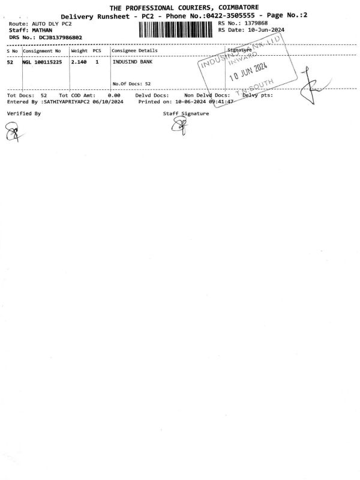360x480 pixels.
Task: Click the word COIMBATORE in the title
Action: [232, 7]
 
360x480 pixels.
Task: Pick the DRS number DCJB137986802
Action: [61, 37]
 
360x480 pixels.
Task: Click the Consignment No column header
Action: [42, 51]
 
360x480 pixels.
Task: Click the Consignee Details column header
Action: [135, 51]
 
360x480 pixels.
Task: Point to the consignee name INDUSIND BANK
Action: [133, 62]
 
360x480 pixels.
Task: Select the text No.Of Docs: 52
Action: [131, 84]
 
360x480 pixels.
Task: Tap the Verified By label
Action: [24, 113]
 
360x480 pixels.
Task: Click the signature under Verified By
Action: [12, 131]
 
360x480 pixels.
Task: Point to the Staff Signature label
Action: [186, 113]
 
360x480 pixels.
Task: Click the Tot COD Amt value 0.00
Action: [114, 95]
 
